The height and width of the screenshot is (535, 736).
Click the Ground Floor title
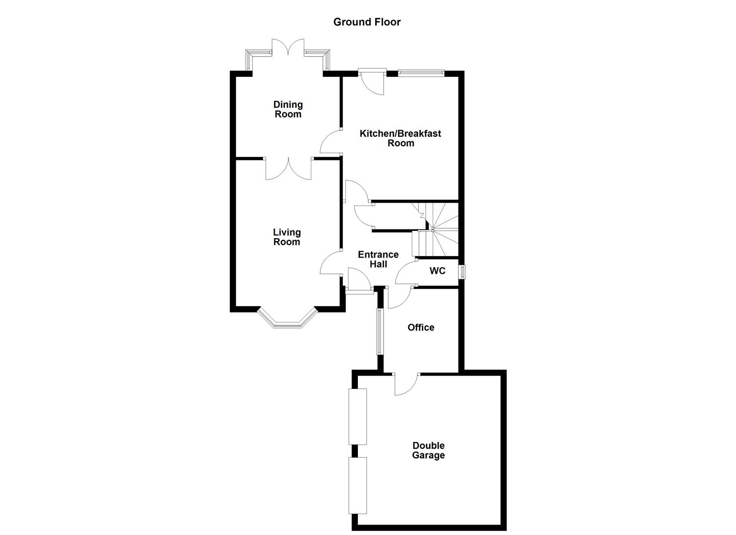(367, 22)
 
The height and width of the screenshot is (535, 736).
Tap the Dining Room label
(288, 109)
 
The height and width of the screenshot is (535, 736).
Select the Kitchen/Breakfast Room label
(400, 138)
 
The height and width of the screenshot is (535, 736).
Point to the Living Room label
(286, 237)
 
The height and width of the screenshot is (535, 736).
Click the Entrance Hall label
(378, 259)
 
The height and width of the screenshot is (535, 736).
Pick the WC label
(437, 271)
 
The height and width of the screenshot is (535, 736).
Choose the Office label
(421, 327)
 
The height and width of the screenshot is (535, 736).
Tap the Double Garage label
(428, 450)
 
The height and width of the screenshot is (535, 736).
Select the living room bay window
(287, 321)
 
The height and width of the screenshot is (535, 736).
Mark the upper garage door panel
(358, 417)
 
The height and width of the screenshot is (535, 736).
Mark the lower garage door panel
(358, 485)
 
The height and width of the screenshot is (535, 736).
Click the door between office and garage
(406, 384)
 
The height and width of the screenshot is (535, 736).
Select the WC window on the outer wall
(462, 272)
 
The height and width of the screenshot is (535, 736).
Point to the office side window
(380, 331)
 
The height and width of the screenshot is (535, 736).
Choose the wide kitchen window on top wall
(421, 73)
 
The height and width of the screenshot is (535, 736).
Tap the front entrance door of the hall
(359, 281)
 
